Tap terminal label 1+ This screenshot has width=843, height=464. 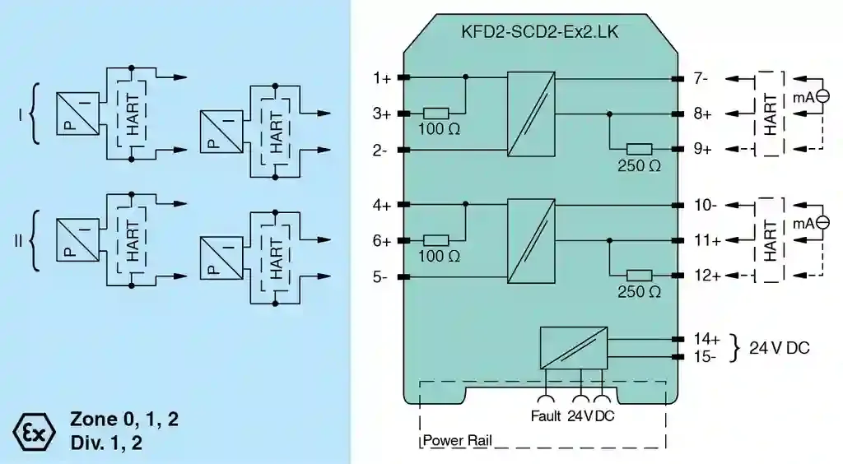pos(380,78)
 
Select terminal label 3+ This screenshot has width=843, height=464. pos(380,114)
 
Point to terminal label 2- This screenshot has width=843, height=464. pos(380,150)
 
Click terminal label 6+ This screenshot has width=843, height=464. pos(380,240)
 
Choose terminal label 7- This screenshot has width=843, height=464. pos(701,79)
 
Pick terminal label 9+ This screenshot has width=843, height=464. pos(702,149)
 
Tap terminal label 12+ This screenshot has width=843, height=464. pos(706,276)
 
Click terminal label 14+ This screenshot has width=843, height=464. pos(706,339)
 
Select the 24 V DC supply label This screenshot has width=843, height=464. pos(779,347)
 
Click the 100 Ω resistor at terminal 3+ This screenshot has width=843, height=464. pos(435,114)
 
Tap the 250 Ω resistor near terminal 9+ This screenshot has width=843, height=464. pos(639,149)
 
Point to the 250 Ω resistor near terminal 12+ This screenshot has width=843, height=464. pos(639,276)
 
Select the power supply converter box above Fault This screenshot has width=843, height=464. pos(574,348)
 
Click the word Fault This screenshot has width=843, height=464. pos(546,415)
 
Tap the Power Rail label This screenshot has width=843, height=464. pos(458,440)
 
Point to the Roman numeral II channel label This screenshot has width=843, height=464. pos(18,240)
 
